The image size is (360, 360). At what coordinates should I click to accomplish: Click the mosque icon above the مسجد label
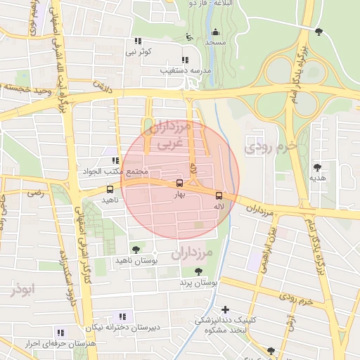(215, 32)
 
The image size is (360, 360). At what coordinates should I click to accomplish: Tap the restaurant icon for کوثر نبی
(138, 41)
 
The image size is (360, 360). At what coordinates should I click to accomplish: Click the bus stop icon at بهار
(180, 184)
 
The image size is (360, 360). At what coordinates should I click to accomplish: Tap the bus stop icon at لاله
(219, 195)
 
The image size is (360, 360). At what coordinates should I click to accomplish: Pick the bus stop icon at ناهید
(110, 189)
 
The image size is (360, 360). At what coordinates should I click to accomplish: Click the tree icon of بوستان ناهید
(136, 249)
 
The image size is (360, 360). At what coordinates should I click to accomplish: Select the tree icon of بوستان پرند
(199, 271)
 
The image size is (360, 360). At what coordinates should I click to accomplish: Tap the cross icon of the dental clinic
(225, 309)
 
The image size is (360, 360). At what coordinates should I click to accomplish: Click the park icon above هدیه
(317, 167)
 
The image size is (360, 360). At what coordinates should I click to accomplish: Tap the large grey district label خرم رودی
(267, 146)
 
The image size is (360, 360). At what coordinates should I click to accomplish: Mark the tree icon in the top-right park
(319, 31)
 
